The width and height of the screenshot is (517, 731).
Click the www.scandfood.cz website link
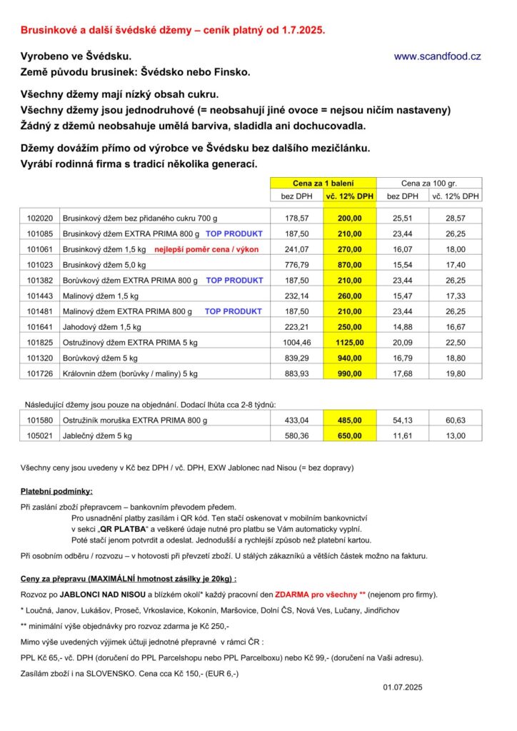437,56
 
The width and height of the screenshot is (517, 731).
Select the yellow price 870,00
349,265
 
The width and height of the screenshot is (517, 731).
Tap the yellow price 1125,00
349,343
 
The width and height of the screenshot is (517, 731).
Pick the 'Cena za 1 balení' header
323,183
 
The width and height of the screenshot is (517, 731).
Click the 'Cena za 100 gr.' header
429,183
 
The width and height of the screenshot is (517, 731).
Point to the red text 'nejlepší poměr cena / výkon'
206,249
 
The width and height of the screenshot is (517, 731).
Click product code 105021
40,436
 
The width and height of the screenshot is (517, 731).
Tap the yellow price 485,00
349,420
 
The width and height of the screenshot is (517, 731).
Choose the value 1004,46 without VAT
296,343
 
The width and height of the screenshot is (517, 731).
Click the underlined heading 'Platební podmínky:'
56,492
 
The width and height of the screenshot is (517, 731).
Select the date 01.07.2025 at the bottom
403,687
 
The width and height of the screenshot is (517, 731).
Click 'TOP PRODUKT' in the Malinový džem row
233,311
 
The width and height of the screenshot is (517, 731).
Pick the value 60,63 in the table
456,420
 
